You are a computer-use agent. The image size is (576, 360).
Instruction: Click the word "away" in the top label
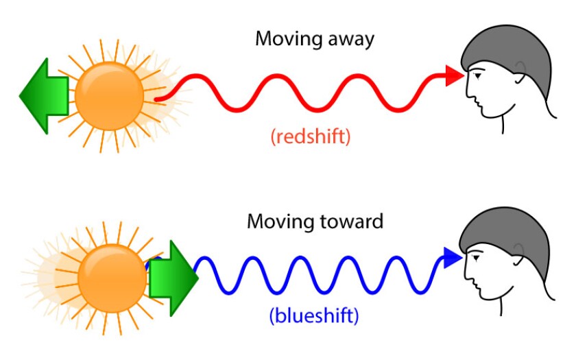point(349,39)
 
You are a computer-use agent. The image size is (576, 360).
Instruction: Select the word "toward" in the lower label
point(350,221)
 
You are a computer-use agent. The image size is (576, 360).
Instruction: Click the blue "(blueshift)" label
point(314,317)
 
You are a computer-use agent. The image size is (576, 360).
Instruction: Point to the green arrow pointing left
point(43,95)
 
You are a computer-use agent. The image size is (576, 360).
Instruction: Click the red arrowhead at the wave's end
point(454,75)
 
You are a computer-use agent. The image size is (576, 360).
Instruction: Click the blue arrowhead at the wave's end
point(453,257)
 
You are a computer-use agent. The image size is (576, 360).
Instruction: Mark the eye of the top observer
point(478,76)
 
